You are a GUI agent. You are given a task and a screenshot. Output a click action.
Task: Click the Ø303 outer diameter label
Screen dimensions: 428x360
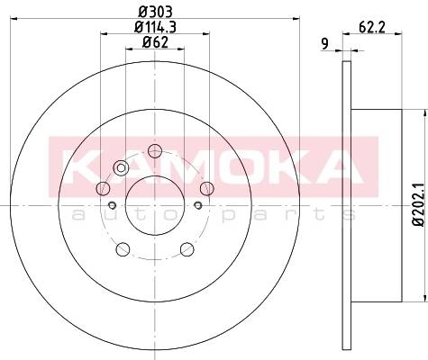point(155,12)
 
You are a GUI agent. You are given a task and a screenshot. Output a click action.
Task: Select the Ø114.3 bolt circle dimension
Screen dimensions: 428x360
point(155,28)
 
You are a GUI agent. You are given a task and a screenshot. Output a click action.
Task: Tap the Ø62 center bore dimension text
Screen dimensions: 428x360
point(155,42)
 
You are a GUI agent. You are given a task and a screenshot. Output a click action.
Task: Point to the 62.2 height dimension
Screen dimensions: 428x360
point(372,28)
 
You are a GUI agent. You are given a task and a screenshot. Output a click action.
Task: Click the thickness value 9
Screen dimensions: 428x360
point(324,44)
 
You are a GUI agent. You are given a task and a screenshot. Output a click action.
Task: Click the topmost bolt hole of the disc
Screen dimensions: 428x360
point(155,150)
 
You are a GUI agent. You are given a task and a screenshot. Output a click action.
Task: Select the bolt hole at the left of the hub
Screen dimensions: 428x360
point(103,188)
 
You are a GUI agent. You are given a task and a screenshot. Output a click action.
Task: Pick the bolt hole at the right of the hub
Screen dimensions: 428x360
point(207,188)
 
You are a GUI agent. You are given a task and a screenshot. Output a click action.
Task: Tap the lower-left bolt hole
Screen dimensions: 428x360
point(123,249)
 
